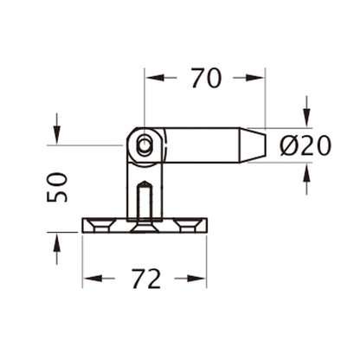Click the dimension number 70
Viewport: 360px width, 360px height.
point(205,78)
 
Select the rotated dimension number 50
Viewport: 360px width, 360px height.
point(57,187)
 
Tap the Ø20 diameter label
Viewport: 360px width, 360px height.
point(305,145)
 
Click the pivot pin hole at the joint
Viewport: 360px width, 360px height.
point(145,145)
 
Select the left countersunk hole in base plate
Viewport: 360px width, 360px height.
point(101,224)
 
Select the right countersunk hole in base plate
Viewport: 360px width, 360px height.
point(185,224)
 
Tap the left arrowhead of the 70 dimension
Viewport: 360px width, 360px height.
point(152,78)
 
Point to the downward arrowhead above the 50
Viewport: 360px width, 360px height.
point(56,135)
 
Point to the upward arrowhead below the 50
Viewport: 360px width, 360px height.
point(56,241)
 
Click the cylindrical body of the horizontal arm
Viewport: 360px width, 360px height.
point(199,145)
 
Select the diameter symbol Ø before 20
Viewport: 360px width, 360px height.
point(289,145)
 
